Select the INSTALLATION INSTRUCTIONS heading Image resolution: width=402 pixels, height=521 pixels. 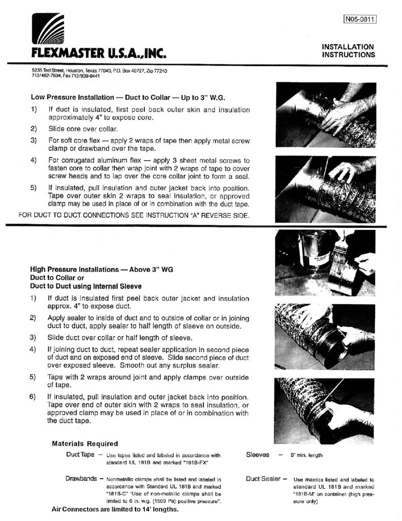click(x=348, y=50)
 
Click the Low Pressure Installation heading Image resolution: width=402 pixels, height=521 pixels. click(x=128, y=97)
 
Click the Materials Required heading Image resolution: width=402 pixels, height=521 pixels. click(x=85, y=444)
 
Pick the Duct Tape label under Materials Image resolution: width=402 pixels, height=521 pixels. click(x=80, y=454)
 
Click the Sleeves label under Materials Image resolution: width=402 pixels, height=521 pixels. click(x=257, y=455)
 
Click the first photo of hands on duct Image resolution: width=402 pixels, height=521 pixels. click(x=325, y=115)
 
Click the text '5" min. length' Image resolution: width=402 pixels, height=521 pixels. click(x=306, y=455)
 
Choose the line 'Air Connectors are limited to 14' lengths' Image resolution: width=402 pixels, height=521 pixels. click(x=115, y=509)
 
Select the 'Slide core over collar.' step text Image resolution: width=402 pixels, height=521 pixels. click(x=83, y=129)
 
